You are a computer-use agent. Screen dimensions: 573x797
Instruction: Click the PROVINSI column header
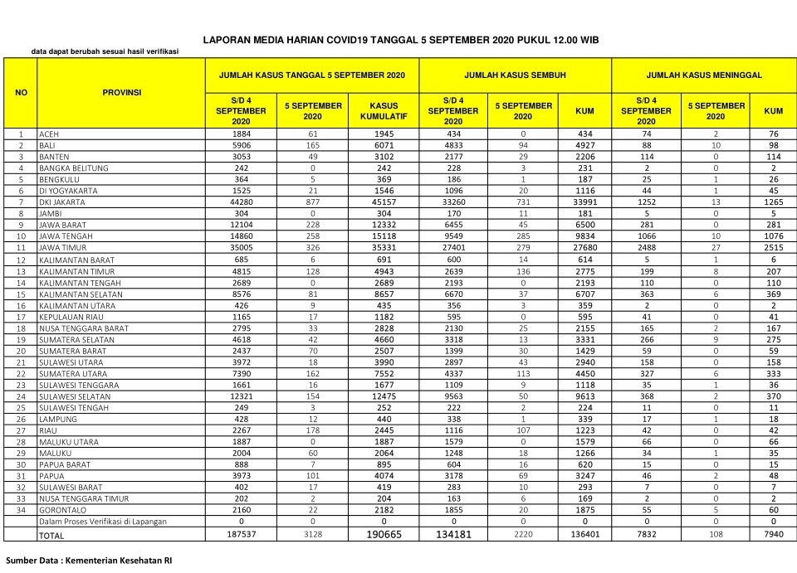[x=122, y=92]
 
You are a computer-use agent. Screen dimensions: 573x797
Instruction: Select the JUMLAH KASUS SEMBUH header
[x=515, y=75]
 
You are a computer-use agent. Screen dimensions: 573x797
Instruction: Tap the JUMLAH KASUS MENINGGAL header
[x=704, y=75]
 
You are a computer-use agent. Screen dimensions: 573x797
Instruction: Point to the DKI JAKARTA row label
[x=63, y=202]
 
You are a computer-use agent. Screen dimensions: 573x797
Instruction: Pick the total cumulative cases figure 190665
[x=384, y=535]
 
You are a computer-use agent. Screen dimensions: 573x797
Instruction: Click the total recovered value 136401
[x=579, y=535]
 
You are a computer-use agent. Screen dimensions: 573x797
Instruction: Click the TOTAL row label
[x=51, y=536]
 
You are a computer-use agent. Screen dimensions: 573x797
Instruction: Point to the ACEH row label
[x=50, y=134]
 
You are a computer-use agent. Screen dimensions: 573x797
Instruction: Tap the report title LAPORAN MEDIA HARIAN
[x=401, y=39]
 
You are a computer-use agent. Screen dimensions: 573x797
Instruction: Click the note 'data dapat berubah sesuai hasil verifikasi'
[x=105, y=52]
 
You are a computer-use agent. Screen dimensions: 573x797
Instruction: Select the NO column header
[x=21, y=92]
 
